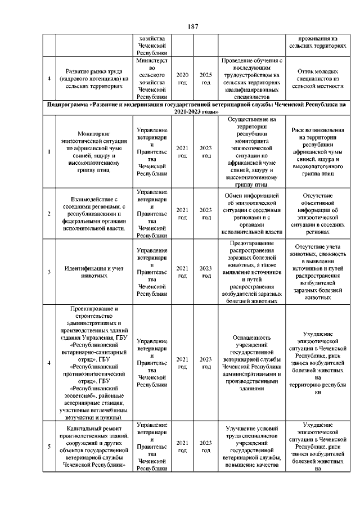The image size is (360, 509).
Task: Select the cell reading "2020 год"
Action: pos(182,79)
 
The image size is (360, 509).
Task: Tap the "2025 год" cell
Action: pos(206,79)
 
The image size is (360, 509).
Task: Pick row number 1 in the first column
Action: pos(49,151)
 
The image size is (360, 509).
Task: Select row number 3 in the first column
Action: pos(49,273)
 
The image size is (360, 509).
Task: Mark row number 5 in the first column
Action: pos(49,447)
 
